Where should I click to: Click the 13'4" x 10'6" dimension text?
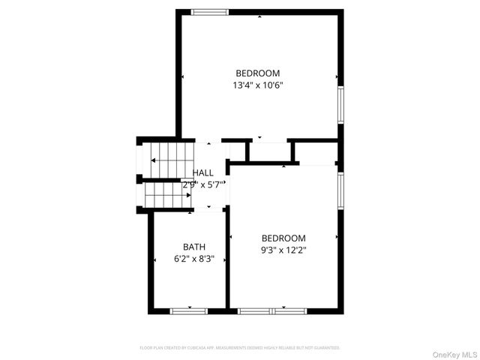(x=257, y=85)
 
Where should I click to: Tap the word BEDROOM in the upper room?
(x=257, y=73)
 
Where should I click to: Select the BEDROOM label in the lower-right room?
(x=283, y=238)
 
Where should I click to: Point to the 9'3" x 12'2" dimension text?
(x=283, y=250)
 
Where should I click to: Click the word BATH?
(x=194, y=247)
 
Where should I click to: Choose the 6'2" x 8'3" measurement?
(x=194, y=259)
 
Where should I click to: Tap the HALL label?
(x=203, y=172)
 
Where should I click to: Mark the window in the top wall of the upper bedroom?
(x=209, y=12)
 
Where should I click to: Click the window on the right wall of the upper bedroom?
(x=340, y=105)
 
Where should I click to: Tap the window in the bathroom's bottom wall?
(x=188, y=310)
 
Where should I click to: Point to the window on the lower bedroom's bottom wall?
(x=272, y=310)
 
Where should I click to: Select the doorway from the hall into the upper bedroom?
(x=208, y=140)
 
